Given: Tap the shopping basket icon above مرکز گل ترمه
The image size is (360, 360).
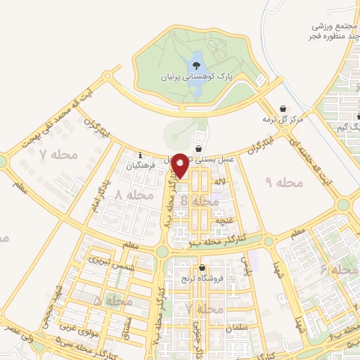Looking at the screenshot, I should pos(283,109).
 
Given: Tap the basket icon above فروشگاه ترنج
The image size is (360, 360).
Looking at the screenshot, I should pos(202,268).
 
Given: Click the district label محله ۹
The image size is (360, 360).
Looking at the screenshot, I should pos(283,183).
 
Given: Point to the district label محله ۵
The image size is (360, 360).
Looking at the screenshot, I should pos(113,301).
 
